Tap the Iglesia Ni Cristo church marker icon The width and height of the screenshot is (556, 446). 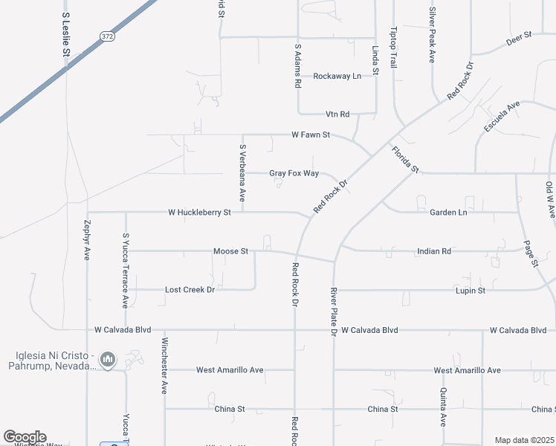109,361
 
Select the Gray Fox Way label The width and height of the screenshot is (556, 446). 294,173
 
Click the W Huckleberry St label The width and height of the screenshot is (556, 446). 200,212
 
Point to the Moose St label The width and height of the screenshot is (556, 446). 230,251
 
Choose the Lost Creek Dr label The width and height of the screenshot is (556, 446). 190,289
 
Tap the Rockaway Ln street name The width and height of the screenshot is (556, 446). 337,76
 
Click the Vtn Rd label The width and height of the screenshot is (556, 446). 337,114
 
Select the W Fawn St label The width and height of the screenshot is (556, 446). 311,135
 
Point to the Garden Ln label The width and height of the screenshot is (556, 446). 448,212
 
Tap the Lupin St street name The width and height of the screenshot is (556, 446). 471,290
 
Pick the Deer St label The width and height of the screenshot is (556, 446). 519,38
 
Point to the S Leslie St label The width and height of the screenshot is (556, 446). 65,35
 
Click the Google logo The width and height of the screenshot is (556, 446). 24,437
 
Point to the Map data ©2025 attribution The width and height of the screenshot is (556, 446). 524,440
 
